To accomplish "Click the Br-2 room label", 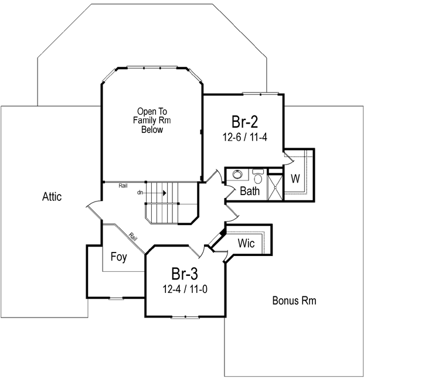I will coord(243,122).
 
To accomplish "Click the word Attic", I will coord(52,197).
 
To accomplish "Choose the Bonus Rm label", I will coord(294,301).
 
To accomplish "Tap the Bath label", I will coord(250,191).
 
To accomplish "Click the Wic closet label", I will coord(246,243).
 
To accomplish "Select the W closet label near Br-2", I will coord(295,179).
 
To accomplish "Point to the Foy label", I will coord(119,256).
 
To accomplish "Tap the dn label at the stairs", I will coord(140,192).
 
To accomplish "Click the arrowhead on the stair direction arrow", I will coord(165,192).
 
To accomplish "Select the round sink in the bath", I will coord(237,175).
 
